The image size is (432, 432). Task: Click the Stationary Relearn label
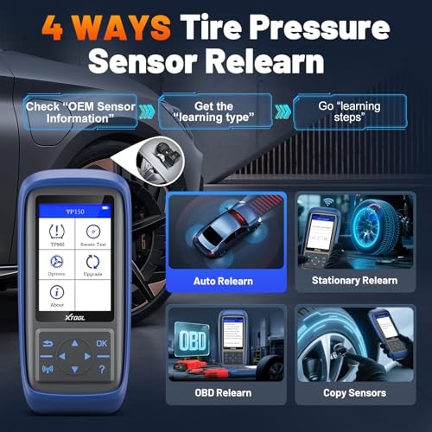coord(353,280)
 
